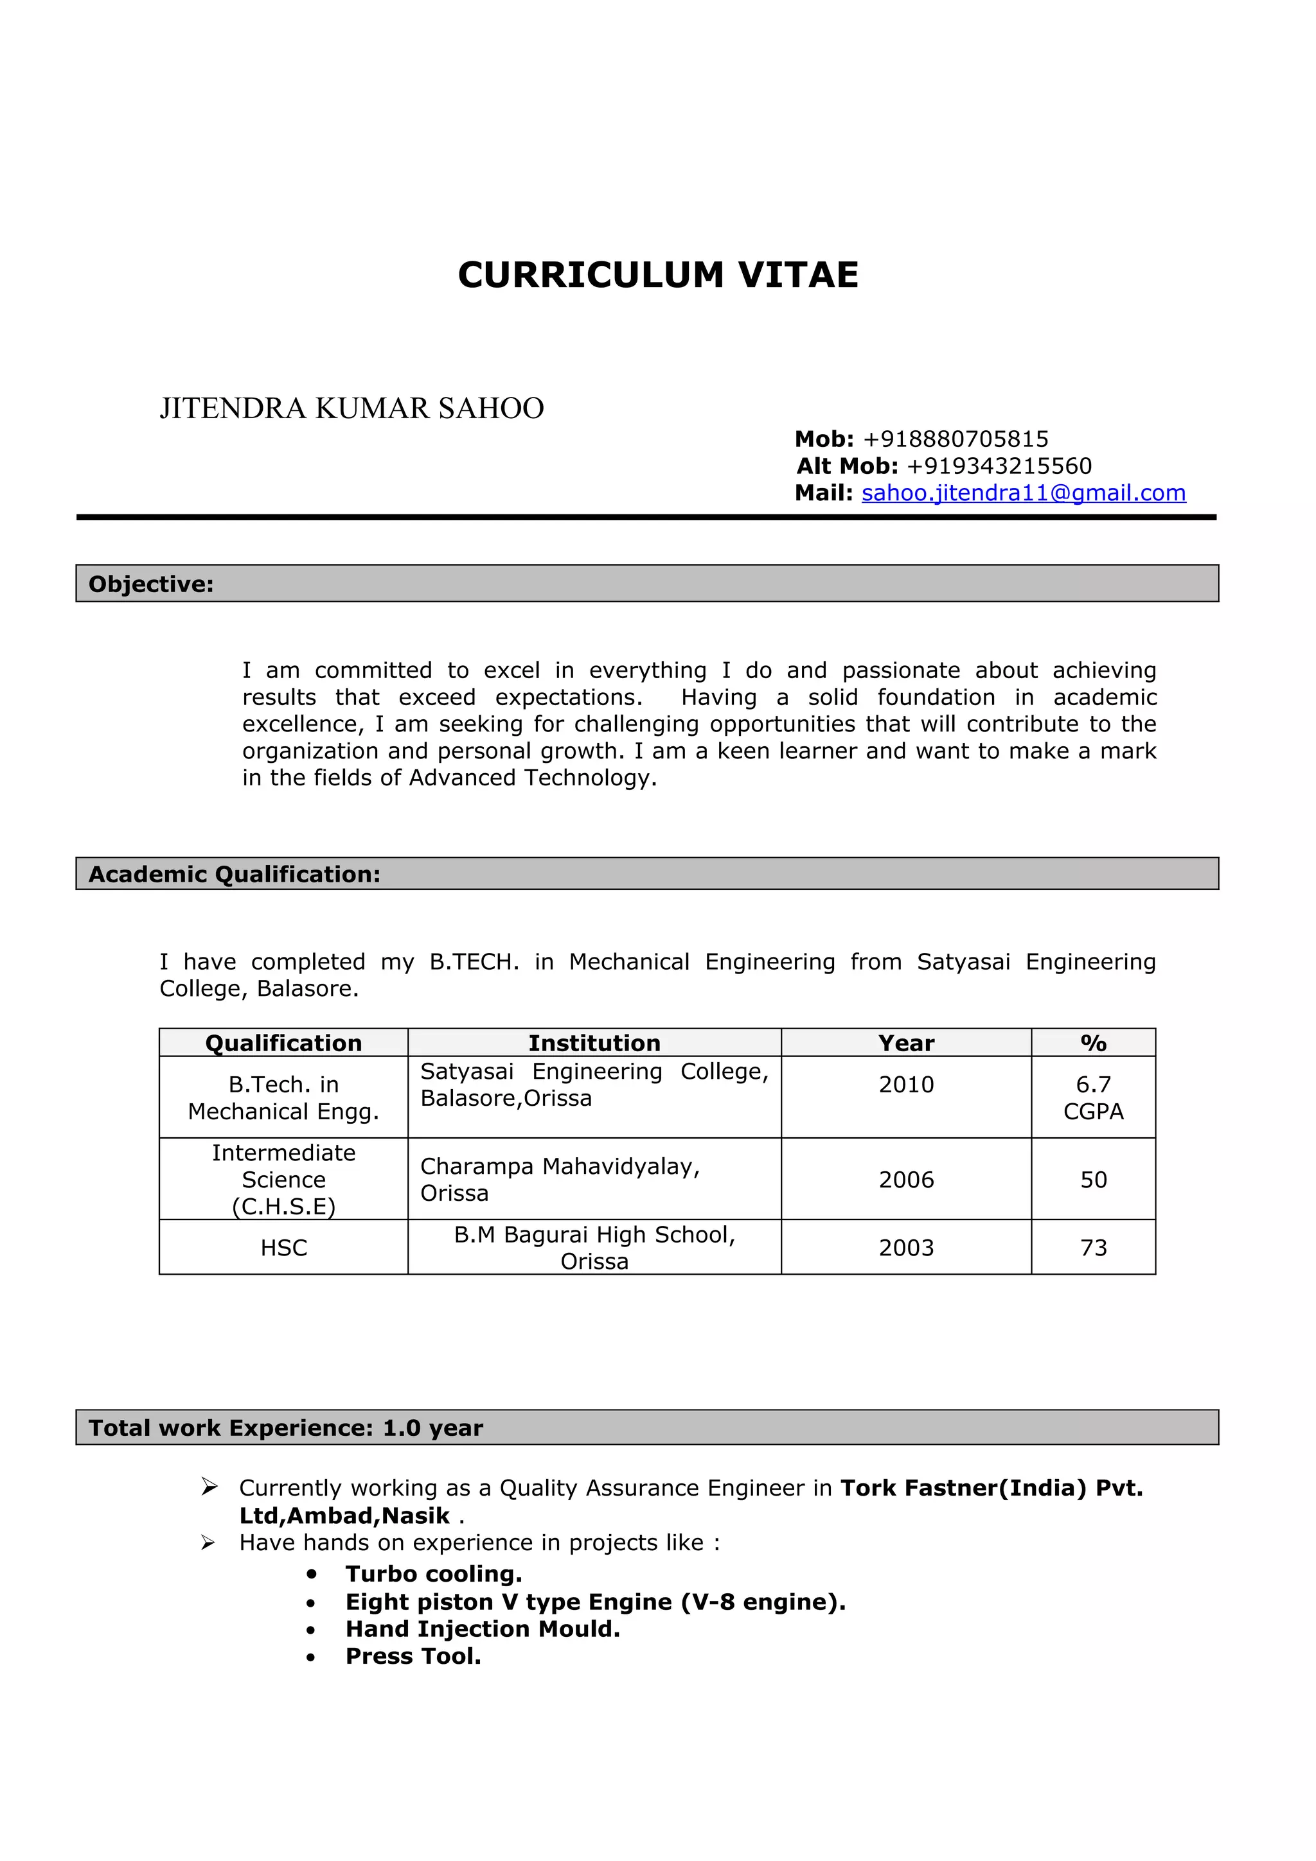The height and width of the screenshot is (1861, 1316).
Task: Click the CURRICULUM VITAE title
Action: pyautogui.click(x=657, y=275)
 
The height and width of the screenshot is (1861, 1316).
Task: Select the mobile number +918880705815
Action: pyautogui.click(x=955, y=439)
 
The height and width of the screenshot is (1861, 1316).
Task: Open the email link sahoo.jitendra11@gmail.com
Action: pyautogui.click(x=1022, y=493)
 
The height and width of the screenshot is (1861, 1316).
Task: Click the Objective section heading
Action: pyautogui.click(x=151, y=584)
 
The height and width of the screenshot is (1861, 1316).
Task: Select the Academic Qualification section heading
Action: pyautogui.click(x=235, y=874)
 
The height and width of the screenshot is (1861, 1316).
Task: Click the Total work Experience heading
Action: pyautogui.click(x=285, y=1428)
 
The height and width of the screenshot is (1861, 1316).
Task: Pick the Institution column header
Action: pyautogui.click(x=594, y=1042)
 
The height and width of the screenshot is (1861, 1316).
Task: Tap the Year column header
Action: pyautogui.click(x=905, y=1042)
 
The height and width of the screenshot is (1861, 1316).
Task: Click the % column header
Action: pyautogui.click(x=1092, y=1042)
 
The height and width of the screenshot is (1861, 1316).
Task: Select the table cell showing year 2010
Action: pyautogui.click(x=905, y=1085)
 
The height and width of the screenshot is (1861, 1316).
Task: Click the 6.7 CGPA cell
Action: pyautogui.click(x=1092, y=1097)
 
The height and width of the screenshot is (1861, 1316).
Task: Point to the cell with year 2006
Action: pyautogui.click(x=905, y=1179)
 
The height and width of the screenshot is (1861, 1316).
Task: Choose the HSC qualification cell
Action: pyautogui.click(x=284, y=1248)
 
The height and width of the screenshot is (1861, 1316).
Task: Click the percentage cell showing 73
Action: pyautogui.click(x=1092, y=1248)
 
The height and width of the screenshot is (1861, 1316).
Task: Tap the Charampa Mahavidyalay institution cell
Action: pyautogui.click(x=560, y=1178)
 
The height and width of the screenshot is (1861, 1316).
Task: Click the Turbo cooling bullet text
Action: pyautogui.click(x=434, y=1573)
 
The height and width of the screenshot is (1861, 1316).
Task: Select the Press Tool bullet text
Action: pyautogui.click(x=413, y=1656)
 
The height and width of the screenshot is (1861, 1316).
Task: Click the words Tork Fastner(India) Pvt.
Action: pyautogui.click(x=991, y=1487)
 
